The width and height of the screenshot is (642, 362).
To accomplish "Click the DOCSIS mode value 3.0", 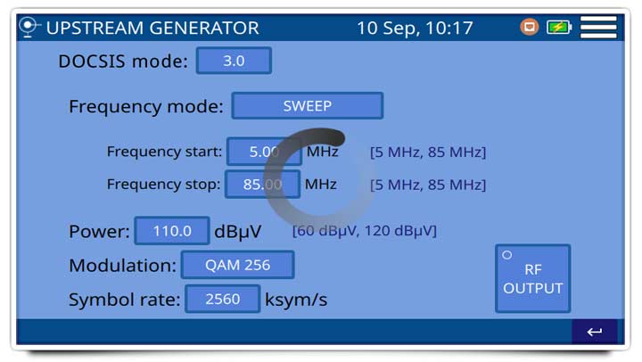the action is pyautogui.click(x=234, y=61).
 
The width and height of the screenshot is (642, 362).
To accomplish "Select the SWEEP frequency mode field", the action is pyautogui.click(x=308, y=105).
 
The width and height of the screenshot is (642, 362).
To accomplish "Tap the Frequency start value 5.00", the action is pyautogui.click(x=264, y=152).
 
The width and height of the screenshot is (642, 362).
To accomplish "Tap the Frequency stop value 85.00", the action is pyautogui.click(x=262, y=185).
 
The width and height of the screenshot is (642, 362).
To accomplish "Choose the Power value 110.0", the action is pyautogui.click(x=172, y=231).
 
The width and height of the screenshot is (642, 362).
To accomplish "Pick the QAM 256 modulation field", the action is pyautogui.click(x=237, y=265).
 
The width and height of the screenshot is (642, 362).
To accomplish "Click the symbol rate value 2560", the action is pyautogui.click(x=222, y=299).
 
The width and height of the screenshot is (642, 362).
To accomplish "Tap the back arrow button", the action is pyautogui.click(x=595, y=332).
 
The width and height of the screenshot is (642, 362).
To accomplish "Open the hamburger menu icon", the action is pyautogui.click(x=598, y=27).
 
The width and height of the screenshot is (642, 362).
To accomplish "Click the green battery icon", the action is pyautogui.click(x=559, y=28).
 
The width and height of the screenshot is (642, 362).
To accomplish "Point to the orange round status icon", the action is pyautogui.click(x=530, y=27).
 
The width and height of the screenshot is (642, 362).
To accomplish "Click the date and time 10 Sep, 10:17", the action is pyautogui.click(x=415, y=28).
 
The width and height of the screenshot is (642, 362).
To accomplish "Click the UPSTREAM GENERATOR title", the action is pyautogui.click(x=152, y=28).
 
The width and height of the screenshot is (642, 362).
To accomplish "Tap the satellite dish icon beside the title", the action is pyautogui.click(x=29, y=27).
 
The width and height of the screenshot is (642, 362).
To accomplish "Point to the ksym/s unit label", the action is pyautogui.click(x=296, y=300).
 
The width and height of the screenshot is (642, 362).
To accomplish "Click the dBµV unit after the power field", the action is pyautogui.click(x=238, y=232).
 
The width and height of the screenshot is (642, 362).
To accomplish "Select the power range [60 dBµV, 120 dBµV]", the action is pyautogui.click(x=365, y=231).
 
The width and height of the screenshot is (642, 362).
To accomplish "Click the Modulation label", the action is pyautogui.click(x=122, y=266).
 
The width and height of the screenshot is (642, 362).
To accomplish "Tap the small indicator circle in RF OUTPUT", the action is pyautogui.click(x=506, y=255).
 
